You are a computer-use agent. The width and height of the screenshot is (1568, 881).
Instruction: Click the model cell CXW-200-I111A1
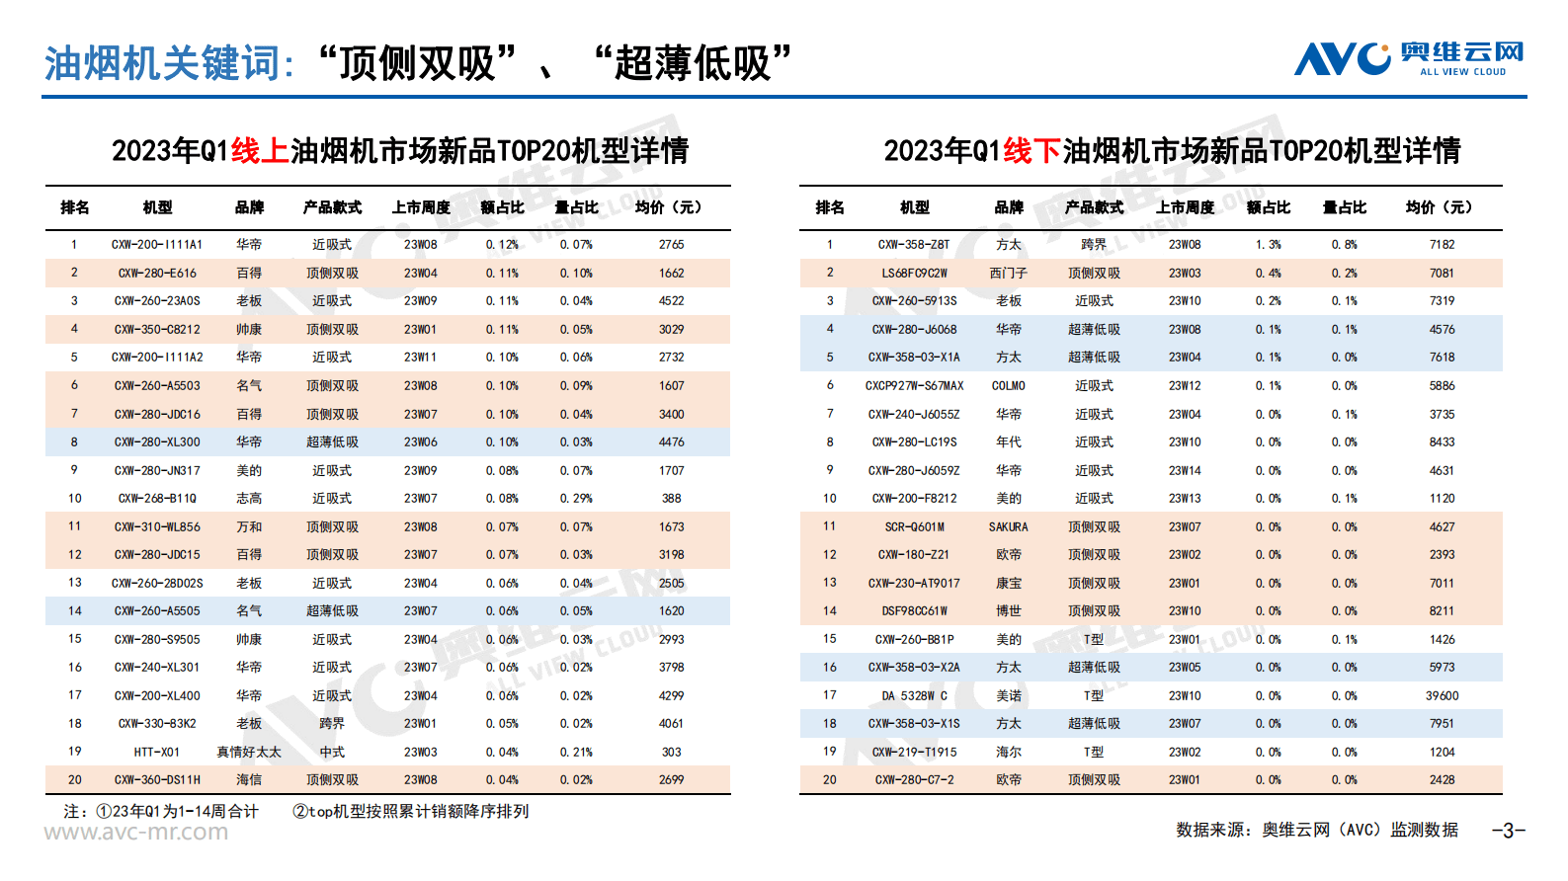click(157, 245)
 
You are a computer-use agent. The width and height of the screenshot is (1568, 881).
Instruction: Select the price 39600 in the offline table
click(1442, 696)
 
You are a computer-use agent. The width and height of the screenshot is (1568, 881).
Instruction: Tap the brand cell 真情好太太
click(249, 753)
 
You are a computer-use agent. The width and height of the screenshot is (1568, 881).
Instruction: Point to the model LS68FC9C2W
click(914, 274)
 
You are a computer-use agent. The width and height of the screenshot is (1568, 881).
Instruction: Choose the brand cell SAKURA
click(1008, 527)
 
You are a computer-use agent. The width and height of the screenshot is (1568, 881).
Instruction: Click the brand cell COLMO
click(1008, 386)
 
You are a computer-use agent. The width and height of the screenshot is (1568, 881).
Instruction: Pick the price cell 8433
click(1442, 442)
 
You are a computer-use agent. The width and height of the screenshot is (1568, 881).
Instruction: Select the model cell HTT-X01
click(157, 753)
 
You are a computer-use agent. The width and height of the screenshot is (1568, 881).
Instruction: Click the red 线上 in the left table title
click(259, 151)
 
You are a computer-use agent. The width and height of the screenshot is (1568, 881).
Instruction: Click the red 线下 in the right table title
click(1032, 151)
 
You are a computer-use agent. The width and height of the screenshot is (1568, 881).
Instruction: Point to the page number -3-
click(1508, 831)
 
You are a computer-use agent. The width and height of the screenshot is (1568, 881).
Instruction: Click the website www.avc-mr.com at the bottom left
click(136, 833)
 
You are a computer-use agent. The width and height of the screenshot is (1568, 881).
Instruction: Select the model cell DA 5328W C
click(914, 696)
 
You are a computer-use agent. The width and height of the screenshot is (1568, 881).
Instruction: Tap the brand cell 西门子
click(1008, 274)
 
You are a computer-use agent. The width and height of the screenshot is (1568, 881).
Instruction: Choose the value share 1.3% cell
click(1268, 245)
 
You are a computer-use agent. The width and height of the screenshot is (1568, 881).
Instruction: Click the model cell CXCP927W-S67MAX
click(914, 386)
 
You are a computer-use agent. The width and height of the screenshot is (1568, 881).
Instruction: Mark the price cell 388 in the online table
click(671, 499)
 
